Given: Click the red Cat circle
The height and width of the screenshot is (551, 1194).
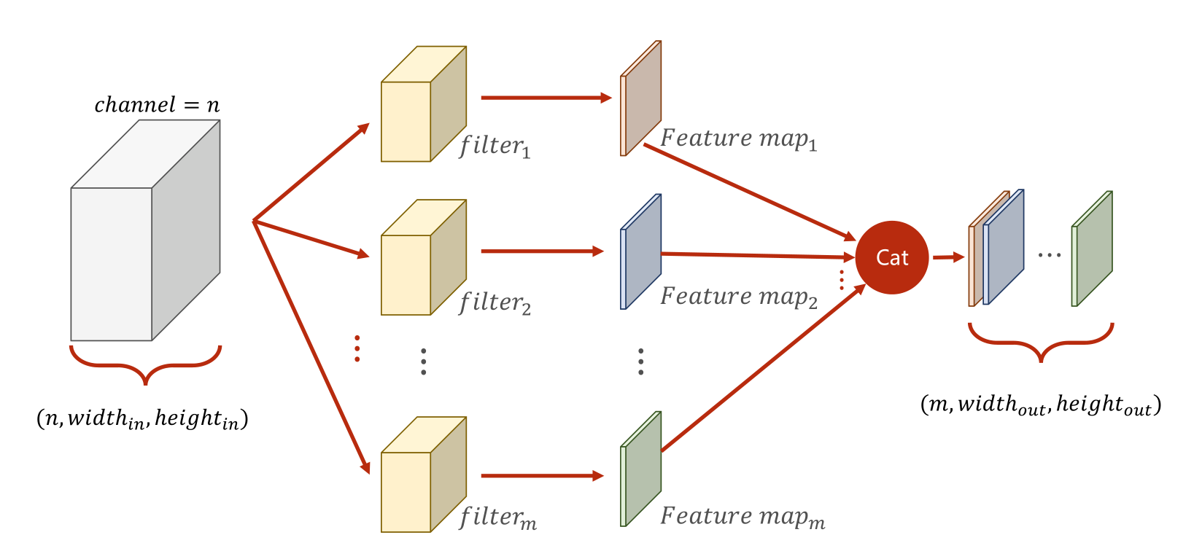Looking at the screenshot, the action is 892,257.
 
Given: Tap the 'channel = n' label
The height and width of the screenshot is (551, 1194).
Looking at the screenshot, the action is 158,104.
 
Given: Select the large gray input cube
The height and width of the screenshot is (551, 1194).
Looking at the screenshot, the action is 146,230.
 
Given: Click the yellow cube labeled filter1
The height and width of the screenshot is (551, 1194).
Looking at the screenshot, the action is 424,104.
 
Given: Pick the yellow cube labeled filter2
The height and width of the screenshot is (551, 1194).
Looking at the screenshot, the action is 424,257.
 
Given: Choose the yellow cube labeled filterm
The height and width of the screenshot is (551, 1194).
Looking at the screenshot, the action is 424,474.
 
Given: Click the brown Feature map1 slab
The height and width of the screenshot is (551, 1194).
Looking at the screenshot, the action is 640,98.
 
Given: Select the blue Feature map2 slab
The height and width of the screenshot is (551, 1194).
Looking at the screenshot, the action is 640,251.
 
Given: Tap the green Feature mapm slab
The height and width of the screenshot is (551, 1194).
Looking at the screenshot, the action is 640,469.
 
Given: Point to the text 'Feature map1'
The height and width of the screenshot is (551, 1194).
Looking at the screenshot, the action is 739,139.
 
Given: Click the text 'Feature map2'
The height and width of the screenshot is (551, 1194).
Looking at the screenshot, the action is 739,297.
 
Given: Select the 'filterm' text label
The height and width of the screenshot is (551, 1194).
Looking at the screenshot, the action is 498,517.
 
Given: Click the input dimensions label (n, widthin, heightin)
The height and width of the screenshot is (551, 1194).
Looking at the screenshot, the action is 142,419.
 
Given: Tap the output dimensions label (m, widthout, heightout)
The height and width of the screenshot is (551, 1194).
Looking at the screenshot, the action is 1041,405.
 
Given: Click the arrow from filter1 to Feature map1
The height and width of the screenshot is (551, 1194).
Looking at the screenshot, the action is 546,98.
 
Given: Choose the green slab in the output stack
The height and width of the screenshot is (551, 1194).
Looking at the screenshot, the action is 1092,249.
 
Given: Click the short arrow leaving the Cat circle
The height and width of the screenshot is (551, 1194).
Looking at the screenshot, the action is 949,257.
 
